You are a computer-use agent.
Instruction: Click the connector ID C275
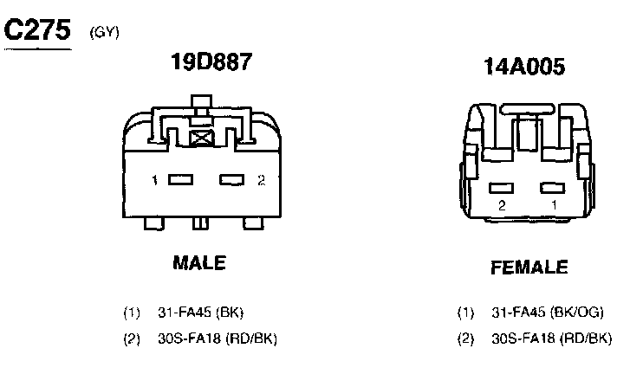37,29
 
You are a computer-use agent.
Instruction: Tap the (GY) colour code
104,32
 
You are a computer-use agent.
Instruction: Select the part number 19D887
211,61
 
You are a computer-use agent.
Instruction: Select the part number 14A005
524,66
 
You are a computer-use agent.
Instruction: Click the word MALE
199,262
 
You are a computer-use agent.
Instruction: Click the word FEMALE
529,268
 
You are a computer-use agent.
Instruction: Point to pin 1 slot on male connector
180,180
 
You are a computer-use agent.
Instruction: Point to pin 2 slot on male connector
231,180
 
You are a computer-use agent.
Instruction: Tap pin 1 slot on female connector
553,188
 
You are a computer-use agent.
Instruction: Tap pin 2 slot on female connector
501,189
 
